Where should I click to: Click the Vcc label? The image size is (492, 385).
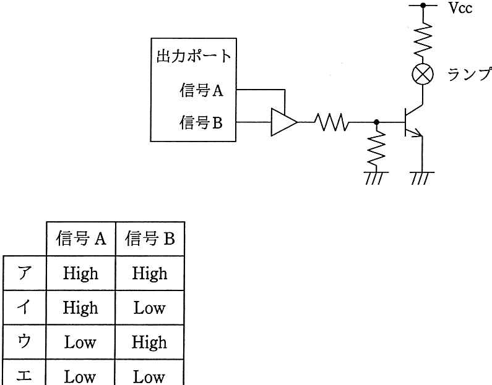click(460, 8)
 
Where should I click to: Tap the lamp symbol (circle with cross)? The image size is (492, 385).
click(423, 75)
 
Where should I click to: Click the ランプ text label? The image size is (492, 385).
click(469, 75)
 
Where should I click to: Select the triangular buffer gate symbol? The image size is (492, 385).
click(284, 122)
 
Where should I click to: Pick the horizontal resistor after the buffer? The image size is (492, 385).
click(331, 122)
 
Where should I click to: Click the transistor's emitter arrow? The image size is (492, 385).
click(416, 133)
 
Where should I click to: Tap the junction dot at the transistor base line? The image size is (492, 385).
click(376, 122)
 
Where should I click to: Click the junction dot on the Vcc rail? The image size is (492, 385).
click(423, 6)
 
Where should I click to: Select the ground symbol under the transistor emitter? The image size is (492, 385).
click(423, 178)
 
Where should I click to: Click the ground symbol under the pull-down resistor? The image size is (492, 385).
click(376, 178)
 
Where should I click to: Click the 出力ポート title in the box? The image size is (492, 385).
click(194, 56)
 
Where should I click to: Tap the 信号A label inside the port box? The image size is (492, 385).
click(201, 90)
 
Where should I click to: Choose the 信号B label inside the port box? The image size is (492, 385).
click(201, 122)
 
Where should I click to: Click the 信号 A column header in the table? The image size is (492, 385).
click(81, 239)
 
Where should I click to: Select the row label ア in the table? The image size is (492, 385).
click(25, 273)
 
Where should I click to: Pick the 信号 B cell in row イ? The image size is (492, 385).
click(149, 308)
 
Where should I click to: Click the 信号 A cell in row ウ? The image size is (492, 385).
click(80, 342)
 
